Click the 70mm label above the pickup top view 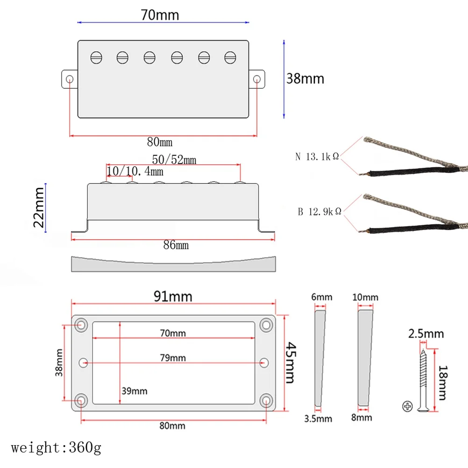click(160, 15)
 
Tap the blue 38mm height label click(305, 78)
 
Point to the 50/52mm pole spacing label click(174, 160)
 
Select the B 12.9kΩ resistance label click(319, 212)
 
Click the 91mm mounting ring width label click(173, 296)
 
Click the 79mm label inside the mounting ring click(173, 358)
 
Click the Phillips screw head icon click(407, 406)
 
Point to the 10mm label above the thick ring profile click(366, 298)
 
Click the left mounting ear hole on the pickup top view click(70, 78)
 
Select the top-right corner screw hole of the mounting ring click(267, 324)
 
